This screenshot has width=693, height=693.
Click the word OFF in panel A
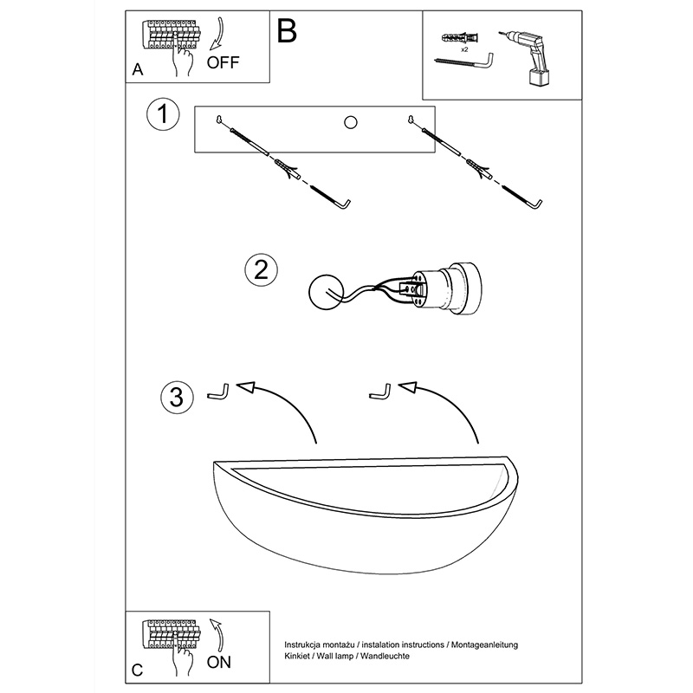[223, 62]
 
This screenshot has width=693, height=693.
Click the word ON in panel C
[219, 662]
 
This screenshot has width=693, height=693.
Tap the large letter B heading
[287, 31]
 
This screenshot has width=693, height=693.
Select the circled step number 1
[163, 113]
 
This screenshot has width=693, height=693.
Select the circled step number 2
[262, 269]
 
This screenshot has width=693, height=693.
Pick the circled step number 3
[177, 397]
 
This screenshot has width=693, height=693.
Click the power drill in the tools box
[528, 58]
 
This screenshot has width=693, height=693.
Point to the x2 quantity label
[464, 49]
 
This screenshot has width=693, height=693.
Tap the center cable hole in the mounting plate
[351, 122]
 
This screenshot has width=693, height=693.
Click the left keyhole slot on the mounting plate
[219, 120]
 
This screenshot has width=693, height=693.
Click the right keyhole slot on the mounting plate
[411, 120]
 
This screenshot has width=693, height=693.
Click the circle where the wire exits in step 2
[326, 292]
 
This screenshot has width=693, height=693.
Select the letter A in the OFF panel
[138, 70]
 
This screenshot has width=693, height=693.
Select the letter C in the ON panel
[138, 670]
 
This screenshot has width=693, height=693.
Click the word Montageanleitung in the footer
[484, 644]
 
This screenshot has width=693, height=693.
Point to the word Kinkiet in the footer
[297, 656]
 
